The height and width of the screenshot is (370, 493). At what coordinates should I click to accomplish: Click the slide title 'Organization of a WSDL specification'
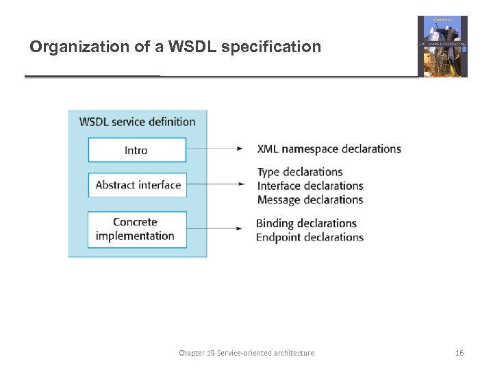click(175, 47)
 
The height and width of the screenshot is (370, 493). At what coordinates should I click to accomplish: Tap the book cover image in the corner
click(442, 47)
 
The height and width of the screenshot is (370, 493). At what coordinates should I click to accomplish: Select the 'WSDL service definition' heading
click(137, 122)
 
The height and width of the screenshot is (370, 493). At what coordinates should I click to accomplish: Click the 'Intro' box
click(136, 150)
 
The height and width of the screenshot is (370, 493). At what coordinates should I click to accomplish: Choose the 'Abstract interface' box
click(138, 185)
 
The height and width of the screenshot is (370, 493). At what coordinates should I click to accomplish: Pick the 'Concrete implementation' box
click(136, 229)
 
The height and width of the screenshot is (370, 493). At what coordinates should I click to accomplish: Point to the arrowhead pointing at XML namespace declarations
click(240, 149)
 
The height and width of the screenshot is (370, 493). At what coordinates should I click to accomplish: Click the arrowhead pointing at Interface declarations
click(240, 184)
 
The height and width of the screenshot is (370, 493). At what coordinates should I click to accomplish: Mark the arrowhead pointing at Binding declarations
click(239, 228)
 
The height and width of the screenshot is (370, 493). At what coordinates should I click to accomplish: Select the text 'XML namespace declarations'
click(329, 149)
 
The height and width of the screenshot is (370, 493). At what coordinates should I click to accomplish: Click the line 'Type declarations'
click(299, 171)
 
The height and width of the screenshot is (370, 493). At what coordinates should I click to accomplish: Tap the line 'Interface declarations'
click(309, 186)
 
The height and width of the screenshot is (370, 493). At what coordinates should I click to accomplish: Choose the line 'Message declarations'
click(309, 200)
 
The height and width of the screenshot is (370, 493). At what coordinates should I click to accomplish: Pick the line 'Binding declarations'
click(306, 223)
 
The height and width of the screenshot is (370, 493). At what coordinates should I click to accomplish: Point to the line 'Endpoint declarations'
click(309, 237)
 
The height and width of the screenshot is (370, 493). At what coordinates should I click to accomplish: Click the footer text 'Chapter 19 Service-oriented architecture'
click(246, 353)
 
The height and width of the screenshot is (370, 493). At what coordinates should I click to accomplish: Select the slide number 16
click(459, 353)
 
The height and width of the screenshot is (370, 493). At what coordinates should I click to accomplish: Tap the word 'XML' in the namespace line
click(268, 149)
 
